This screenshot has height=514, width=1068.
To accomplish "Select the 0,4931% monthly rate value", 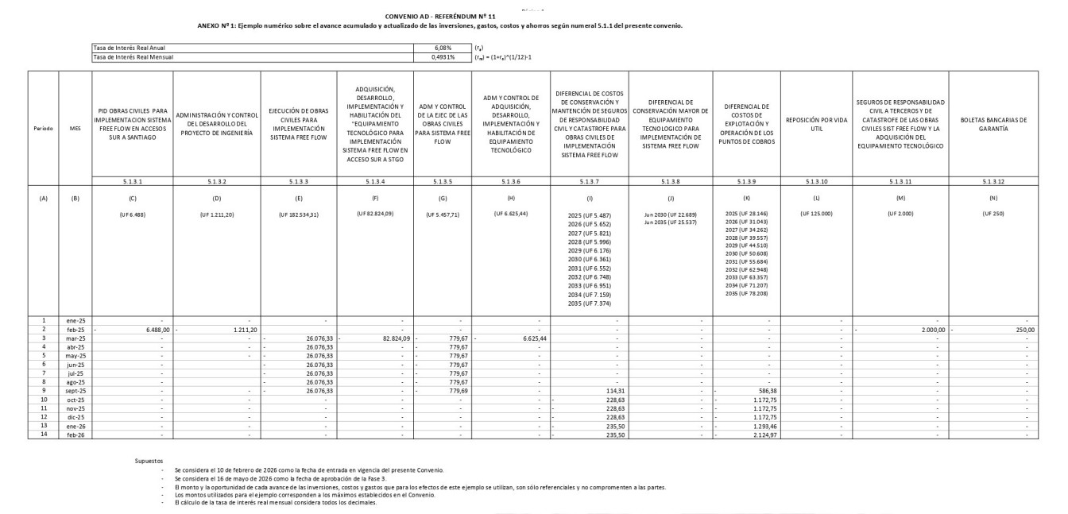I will coord(442,56).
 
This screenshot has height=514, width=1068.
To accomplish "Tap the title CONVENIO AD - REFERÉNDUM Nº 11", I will coord(439,16).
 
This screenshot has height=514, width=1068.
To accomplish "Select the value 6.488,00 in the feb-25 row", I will coord(148,329).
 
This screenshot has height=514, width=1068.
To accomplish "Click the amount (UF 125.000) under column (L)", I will coord(815,214).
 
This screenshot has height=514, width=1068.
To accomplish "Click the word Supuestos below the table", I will coord(149,459).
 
